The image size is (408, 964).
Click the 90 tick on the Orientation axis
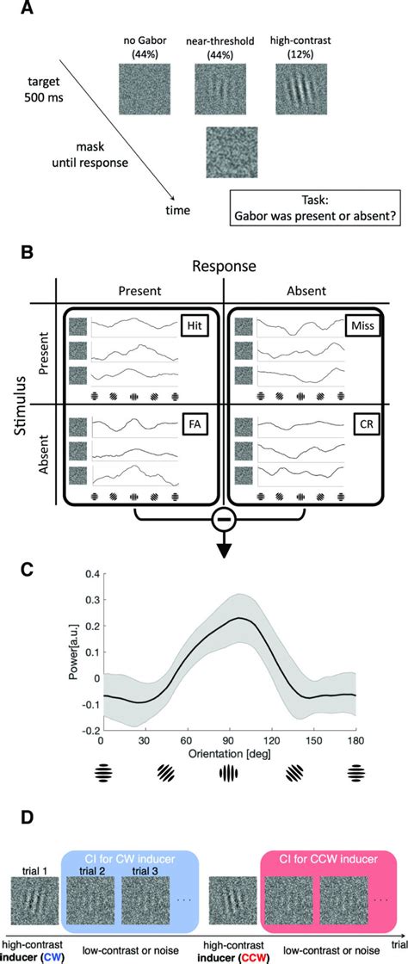[228, 739]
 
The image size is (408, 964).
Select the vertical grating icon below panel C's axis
[228, 774]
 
